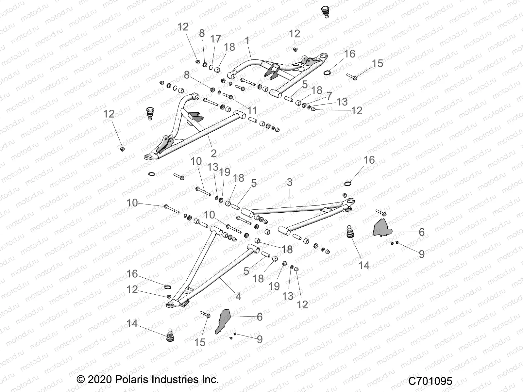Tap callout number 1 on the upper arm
[x=247, y=41]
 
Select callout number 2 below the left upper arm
[x=213, y=153]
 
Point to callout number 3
[x=290, y=182]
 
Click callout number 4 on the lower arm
[x=238, y=296]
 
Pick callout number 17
[x=216, y=39]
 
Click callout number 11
[x=252, y=110]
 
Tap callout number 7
[x=329, y=96]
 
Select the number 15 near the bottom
[x=200, y=342]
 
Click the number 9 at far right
[x=422, y=254]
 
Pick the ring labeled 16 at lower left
[x=167, y=287]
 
